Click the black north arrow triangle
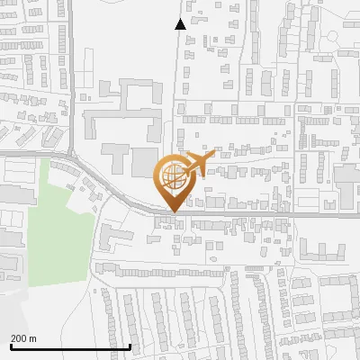pos(181,24)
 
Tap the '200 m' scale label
pos(23,338)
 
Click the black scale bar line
pos(70,346)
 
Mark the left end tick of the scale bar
pos(10,346)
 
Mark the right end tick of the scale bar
pos(130,346)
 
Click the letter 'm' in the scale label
pos(32,338)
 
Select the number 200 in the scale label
pos(18,338)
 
